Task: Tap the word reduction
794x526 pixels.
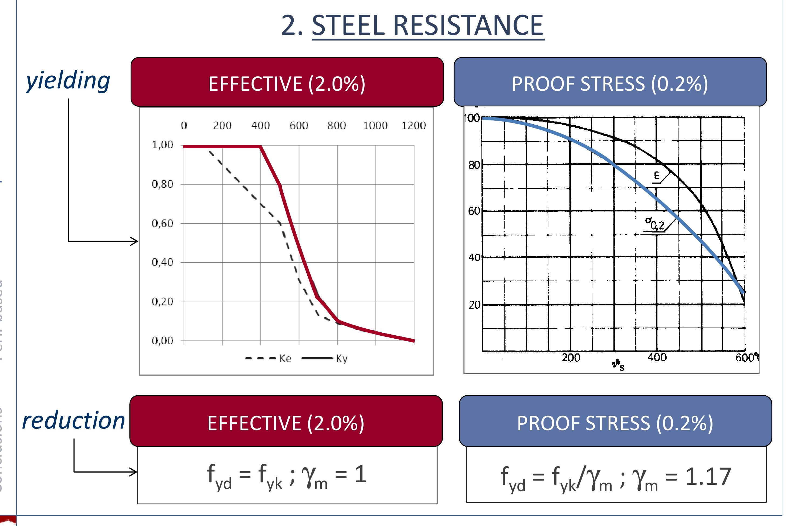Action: [73, 421]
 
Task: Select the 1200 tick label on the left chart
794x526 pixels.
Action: [413, 126]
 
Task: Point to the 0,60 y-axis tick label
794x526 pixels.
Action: [162, 223]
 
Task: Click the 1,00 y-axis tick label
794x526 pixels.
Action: [162, 145]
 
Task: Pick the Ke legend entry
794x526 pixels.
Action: [285, 359]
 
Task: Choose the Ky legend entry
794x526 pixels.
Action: [342, 359]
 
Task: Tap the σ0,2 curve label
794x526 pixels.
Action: [654, 223]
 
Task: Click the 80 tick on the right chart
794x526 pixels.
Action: [474, 165]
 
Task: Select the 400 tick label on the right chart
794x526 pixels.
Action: [657, 358]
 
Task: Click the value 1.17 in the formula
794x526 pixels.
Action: [708, 476]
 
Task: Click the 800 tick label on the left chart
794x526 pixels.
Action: [337, 126]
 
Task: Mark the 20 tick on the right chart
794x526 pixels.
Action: [474, 305]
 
